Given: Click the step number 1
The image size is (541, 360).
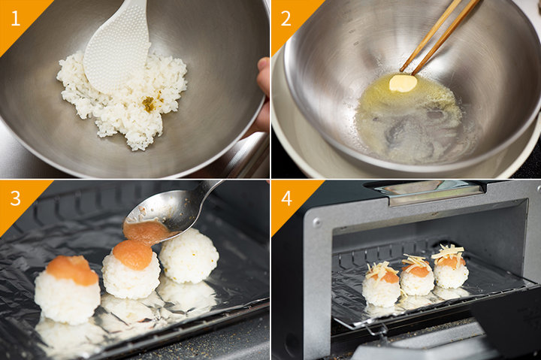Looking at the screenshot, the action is [15, 18].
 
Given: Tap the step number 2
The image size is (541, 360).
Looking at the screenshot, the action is [286, 18].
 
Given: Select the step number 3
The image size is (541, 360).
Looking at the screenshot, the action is [15, 198].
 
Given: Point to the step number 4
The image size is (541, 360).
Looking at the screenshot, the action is [286, 198].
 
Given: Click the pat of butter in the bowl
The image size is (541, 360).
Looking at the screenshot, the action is [403, 83].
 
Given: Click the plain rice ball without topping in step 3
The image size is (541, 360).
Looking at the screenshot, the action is [189, 256].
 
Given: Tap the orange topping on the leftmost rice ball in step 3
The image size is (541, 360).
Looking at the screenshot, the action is [72, 270].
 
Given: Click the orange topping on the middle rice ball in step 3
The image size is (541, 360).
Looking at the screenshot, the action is [133, 255].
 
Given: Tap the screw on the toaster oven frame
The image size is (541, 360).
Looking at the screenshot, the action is [317, 223].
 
